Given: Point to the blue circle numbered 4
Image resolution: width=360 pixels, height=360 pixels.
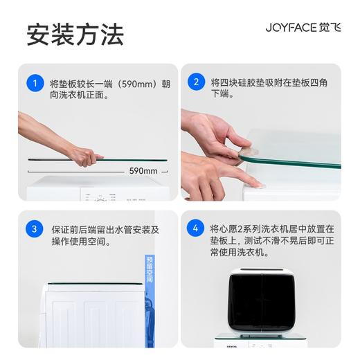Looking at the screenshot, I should [x=197, y=229].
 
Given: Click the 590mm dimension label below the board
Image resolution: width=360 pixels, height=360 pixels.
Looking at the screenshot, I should [x=143, y=170].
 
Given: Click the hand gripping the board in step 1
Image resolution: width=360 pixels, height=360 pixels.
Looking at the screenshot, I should [x=86, y=156].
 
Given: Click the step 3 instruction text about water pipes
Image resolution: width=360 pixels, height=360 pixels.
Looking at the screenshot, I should [x=104, y=235].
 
